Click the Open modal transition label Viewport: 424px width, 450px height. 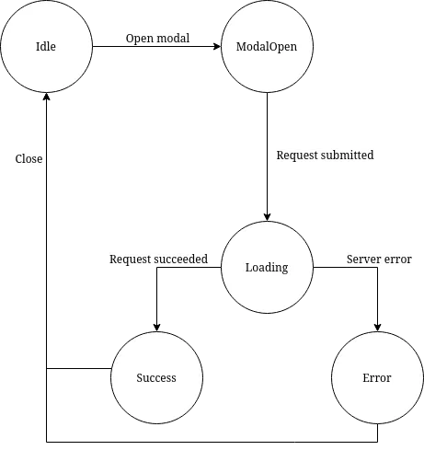tap(157, 39)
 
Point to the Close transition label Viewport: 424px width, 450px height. tap(29, 159)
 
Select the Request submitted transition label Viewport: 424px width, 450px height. tap(325, 156)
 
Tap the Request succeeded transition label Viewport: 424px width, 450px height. tap(158, 260)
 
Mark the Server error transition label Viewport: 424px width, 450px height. tap(378, 260)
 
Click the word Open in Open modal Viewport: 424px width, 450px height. tap(140, 39)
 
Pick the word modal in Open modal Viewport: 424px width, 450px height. tap(174, 39)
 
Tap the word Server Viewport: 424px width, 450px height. tap(362, 260)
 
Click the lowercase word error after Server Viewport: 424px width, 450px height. tap(396, 260)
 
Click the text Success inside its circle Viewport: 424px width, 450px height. tap(156, 378)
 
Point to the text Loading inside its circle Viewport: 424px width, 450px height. tap(267, 268)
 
